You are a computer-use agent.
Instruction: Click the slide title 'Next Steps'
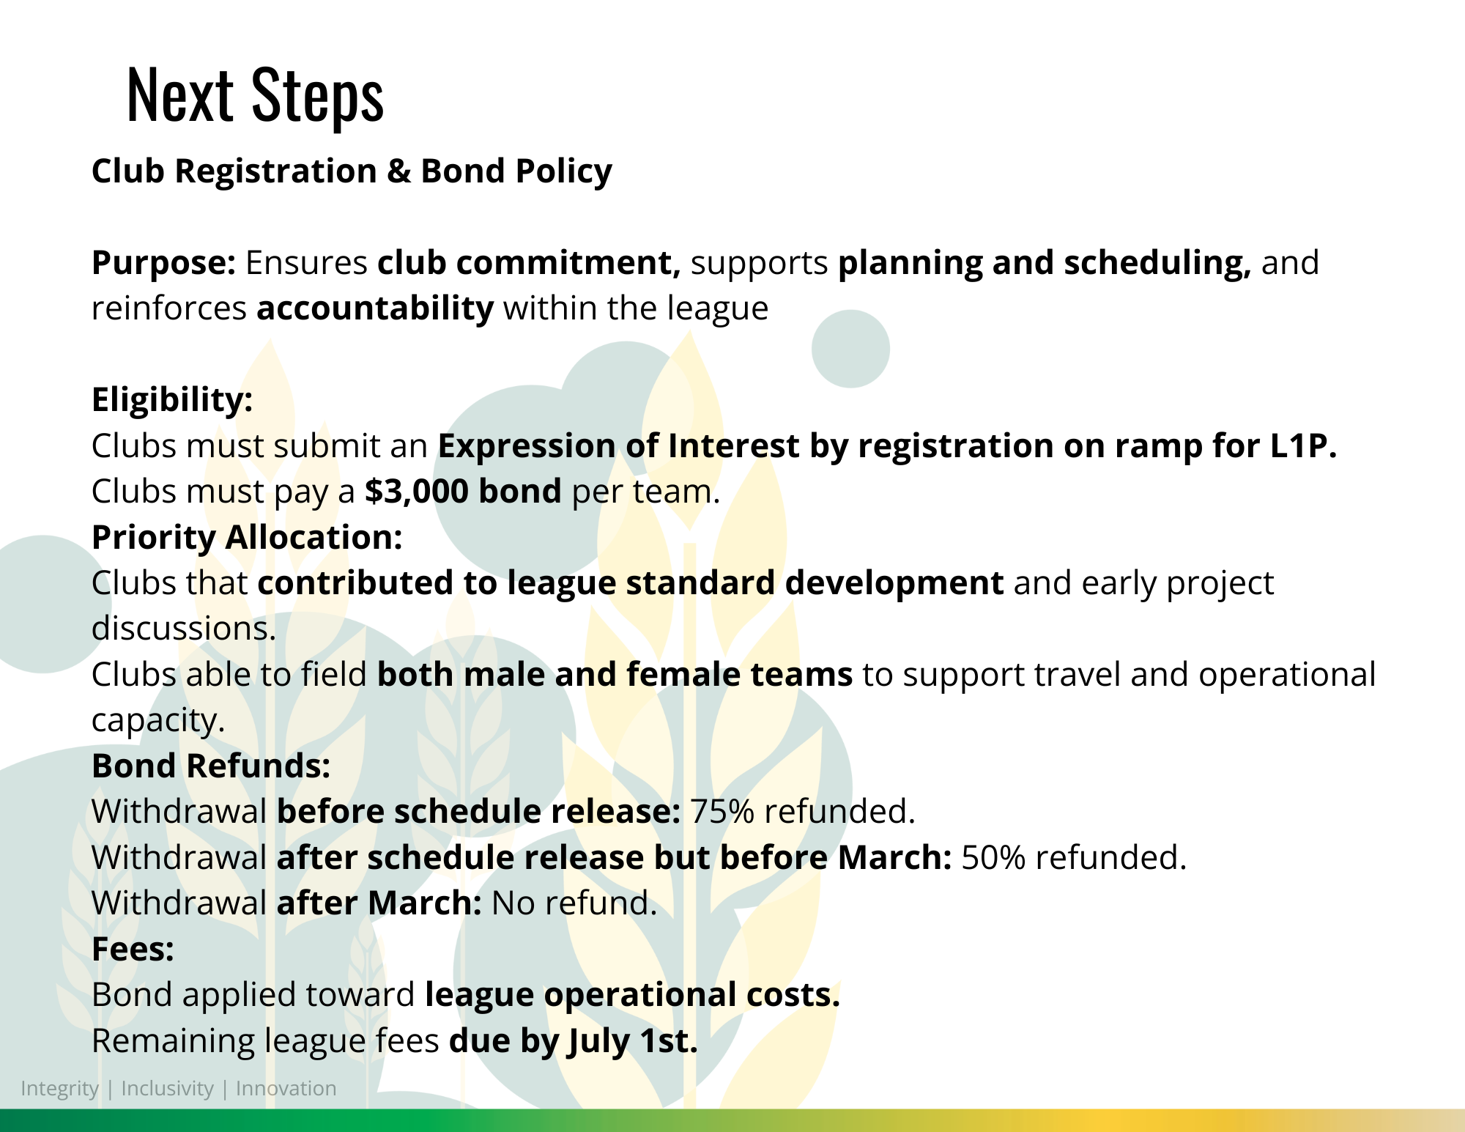point(255,95)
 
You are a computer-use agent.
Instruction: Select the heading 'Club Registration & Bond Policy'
point(352,171)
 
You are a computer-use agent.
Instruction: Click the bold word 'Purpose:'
point(163,263)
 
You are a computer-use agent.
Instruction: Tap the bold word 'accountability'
point(375,308)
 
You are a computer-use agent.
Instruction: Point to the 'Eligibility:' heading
point(172,400)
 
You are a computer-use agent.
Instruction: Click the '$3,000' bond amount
point(416,491)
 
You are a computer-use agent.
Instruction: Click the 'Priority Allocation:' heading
point(247,538)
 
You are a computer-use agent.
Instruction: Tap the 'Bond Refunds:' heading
point(211,766)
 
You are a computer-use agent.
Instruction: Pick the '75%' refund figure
point(722,812)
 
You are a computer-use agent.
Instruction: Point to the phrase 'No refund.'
point(574,903)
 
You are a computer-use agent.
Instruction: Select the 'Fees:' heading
point(133,950)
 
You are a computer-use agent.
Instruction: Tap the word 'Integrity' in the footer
point(59,1089)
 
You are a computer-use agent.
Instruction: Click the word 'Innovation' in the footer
point(286,1089)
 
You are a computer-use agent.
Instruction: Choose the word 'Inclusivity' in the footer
point(167,1089)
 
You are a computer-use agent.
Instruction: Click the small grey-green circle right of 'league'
point(850,349)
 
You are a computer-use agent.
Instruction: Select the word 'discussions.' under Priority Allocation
point(184,629)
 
